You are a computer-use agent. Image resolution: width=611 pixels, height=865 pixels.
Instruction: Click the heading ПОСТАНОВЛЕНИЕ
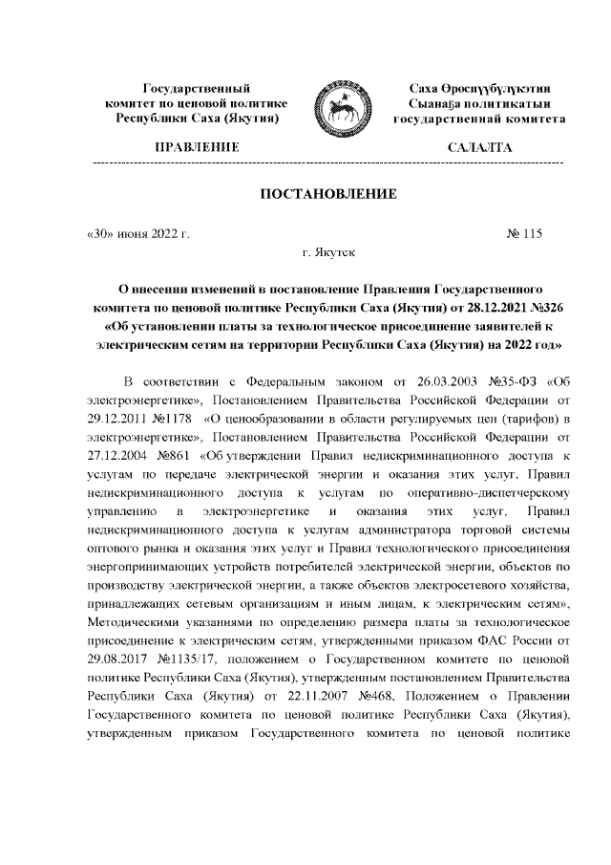pyautogui.click(x=328, y=195)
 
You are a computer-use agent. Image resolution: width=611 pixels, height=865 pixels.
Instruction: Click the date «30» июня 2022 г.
pyautogui.click(x=137, y=233)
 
